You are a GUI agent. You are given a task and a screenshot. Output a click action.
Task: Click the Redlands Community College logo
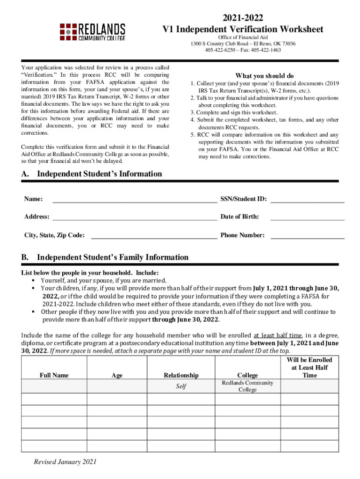coord(92,31)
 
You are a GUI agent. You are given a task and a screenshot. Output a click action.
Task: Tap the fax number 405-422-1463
coord(266,50)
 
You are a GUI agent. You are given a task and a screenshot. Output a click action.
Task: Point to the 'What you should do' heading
coord(264,76)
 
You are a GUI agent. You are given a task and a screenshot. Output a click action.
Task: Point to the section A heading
coord(92,174)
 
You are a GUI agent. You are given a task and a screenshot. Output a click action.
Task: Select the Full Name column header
coord(54,375)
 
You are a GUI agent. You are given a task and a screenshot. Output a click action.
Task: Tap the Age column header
coord(117,375)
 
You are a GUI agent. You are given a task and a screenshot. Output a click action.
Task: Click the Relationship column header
coord(181,375)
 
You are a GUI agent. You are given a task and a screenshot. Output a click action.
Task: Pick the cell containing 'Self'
coord(181,386)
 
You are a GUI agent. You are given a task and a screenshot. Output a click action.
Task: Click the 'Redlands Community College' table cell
coord(247,386)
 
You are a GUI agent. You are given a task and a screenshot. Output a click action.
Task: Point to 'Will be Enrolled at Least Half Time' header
coord(309,367)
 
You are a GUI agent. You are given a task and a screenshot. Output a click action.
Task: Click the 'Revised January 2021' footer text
coord(65,462)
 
